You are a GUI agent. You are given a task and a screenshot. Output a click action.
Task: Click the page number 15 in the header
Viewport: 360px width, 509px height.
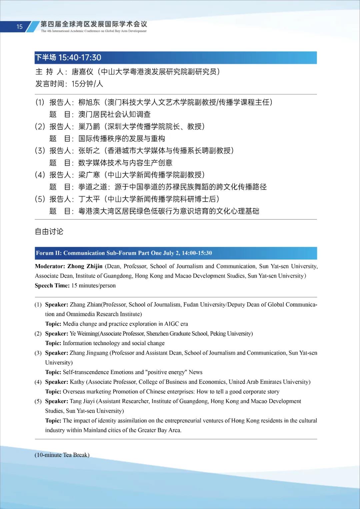coord(19,27)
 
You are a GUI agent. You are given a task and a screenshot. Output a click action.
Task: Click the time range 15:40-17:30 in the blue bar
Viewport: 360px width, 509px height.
coord(80,58)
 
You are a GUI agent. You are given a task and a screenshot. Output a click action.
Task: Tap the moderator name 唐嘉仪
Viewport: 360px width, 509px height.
coord(82,72)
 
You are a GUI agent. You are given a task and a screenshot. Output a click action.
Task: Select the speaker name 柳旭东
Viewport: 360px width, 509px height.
coord(89,102)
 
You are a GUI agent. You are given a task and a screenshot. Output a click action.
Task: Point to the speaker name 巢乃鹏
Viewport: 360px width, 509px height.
coord(89,127)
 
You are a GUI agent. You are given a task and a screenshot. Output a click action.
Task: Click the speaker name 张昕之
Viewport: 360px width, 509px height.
coord(89,151)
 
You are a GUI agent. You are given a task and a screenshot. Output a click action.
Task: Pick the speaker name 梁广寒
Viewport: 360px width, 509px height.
coord(89,175)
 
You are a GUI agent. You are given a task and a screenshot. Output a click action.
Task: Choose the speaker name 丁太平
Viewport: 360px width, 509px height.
coord(89,199)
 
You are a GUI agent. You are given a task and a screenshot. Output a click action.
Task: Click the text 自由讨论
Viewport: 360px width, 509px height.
coord(49,232)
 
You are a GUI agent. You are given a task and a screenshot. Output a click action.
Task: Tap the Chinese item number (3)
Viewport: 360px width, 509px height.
coord(40,151)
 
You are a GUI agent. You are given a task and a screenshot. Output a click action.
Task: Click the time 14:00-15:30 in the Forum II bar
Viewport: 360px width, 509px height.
coord(197,253)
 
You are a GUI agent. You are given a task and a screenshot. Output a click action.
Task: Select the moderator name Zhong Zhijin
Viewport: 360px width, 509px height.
coord(85,266)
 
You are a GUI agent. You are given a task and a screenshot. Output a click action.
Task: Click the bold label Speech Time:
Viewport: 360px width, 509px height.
coord(52,286)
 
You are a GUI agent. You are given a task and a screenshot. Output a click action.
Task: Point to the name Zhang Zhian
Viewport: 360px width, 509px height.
coord(85,305)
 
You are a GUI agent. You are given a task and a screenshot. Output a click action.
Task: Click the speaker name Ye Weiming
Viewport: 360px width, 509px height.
coord(84,334)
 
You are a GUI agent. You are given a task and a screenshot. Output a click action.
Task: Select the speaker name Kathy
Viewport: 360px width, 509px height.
coord(77,382)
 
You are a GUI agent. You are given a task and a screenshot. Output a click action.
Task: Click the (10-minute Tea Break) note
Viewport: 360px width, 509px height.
coord(62,455)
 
